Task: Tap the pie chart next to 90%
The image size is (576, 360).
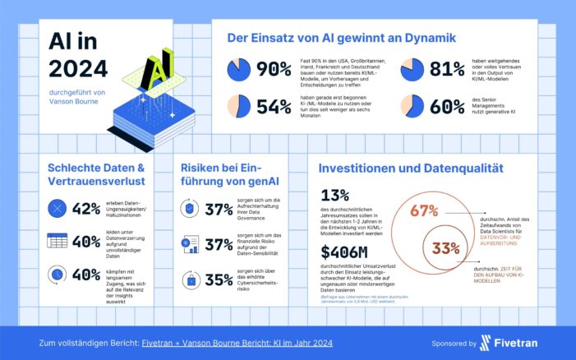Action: coord(239,70)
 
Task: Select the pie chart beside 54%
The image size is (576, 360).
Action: coord(239,105)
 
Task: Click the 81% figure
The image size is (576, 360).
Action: coord(449,70)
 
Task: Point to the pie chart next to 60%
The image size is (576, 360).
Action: coord(413,105)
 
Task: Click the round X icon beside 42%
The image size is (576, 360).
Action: coord(57,209)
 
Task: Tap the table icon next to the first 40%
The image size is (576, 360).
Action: coord(57,242)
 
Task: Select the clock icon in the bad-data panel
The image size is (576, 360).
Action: coord(57,274)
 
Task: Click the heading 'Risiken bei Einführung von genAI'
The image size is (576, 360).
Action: coord(227,177)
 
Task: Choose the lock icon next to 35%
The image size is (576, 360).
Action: coord(191,280)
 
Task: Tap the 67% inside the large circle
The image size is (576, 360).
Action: coord(423,211)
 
